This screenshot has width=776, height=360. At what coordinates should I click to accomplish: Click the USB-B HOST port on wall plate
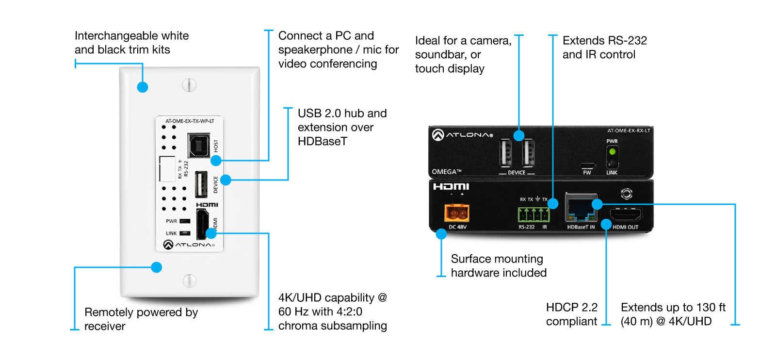point(199,145)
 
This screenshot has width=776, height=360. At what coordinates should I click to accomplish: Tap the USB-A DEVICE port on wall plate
point(201,184)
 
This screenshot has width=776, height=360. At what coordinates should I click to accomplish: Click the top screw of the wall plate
point(189,85)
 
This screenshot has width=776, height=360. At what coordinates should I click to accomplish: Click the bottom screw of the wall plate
point(189,280)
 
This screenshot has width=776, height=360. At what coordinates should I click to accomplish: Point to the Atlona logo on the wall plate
point(189,245)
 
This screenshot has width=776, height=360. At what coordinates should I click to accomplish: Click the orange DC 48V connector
point(456,213)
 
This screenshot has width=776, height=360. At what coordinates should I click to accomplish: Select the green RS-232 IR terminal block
point(533,214)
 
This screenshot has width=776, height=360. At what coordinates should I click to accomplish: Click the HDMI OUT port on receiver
point(626,214)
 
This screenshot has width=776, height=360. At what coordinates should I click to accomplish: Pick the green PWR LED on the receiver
point(612,152)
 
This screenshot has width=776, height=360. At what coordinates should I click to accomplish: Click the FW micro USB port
point(587,165)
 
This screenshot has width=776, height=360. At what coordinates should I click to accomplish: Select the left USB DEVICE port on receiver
point(505,153)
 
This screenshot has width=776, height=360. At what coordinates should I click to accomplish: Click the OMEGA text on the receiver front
point(447,172)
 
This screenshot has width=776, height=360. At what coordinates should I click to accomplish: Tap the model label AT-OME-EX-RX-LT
point(629,131)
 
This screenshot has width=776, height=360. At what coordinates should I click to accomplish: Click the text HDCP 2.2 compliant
point(571,314)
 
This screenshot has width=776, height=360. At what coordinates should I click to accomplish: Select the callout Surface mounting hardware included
point(498,266)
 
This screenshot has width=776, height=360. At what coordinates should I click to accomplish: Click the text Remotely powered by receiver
point(141,319)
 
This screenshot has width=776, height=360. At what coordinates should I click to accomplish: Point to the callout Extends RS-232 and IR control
point(604,48)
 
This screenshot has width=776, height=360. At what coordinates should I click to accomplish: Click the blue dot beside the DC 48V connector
point(441,234)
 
